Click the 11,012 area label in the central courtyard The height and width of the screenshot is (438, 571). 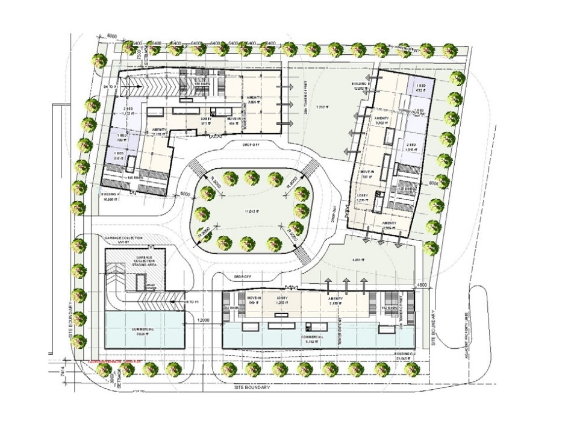click(x=251, y=211)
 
